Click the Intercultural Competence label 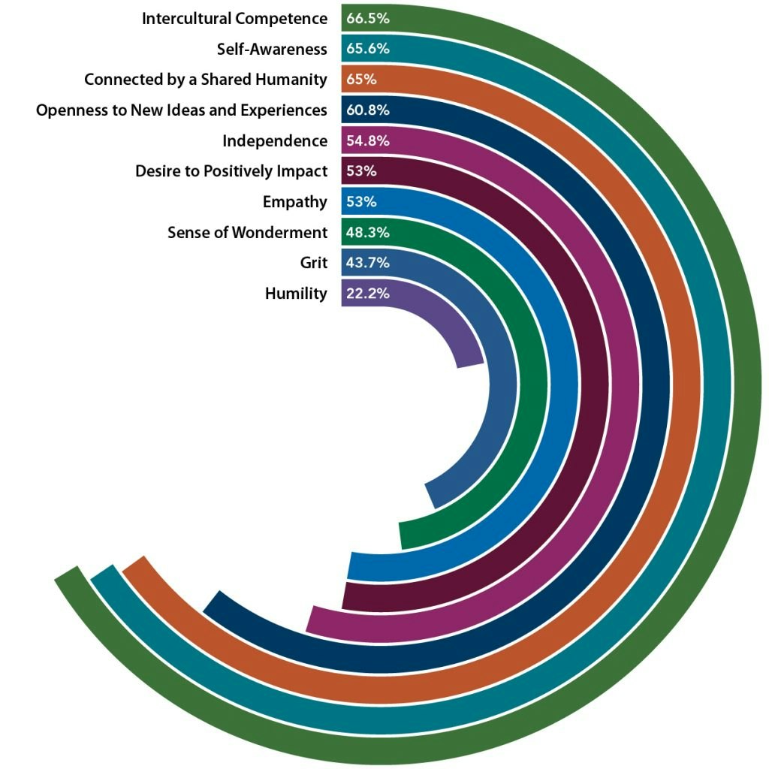click(234, 18)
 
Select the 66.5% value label click(367, 18)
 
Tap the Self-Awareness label click(272, 49)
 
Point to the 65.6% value click(367, 49)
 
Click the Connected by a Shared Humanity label click(206, 80)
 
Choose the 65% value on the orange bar click(361, 80)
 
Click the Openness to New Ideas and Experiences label click(182, 110)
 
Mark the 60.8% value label click(367, 110)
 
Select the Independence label click(275, 141)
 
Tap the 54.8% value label click(367, 141)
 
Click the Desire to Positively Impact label click(231, 171)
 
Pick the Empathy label click(295, 202)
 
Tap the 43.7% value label click(367, 263)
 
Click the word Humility click(296, 294)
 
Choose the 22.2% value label click(367, 294)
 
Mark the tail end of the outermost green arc click(68, 576)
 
